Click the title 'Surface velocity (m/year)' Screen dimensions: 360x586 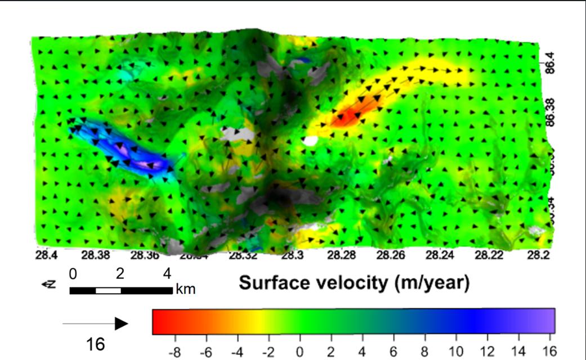point(354,282)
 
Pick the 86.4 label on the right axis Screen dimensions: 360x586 point(551,62)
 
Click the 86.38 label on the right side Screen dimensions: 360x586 point(551,112)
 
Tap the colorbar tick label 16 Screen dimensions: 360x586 point(548,352)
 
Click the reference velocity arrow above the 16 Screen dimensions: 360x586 point(96,323)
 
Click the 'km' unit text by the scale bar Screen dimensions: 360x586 point(185,290)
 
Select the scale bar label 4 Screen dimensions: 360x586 point(167,274)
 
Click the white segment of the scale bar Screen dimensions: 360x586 point(108,291)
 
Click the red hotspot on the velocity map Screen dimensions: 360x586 point(347,116)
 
